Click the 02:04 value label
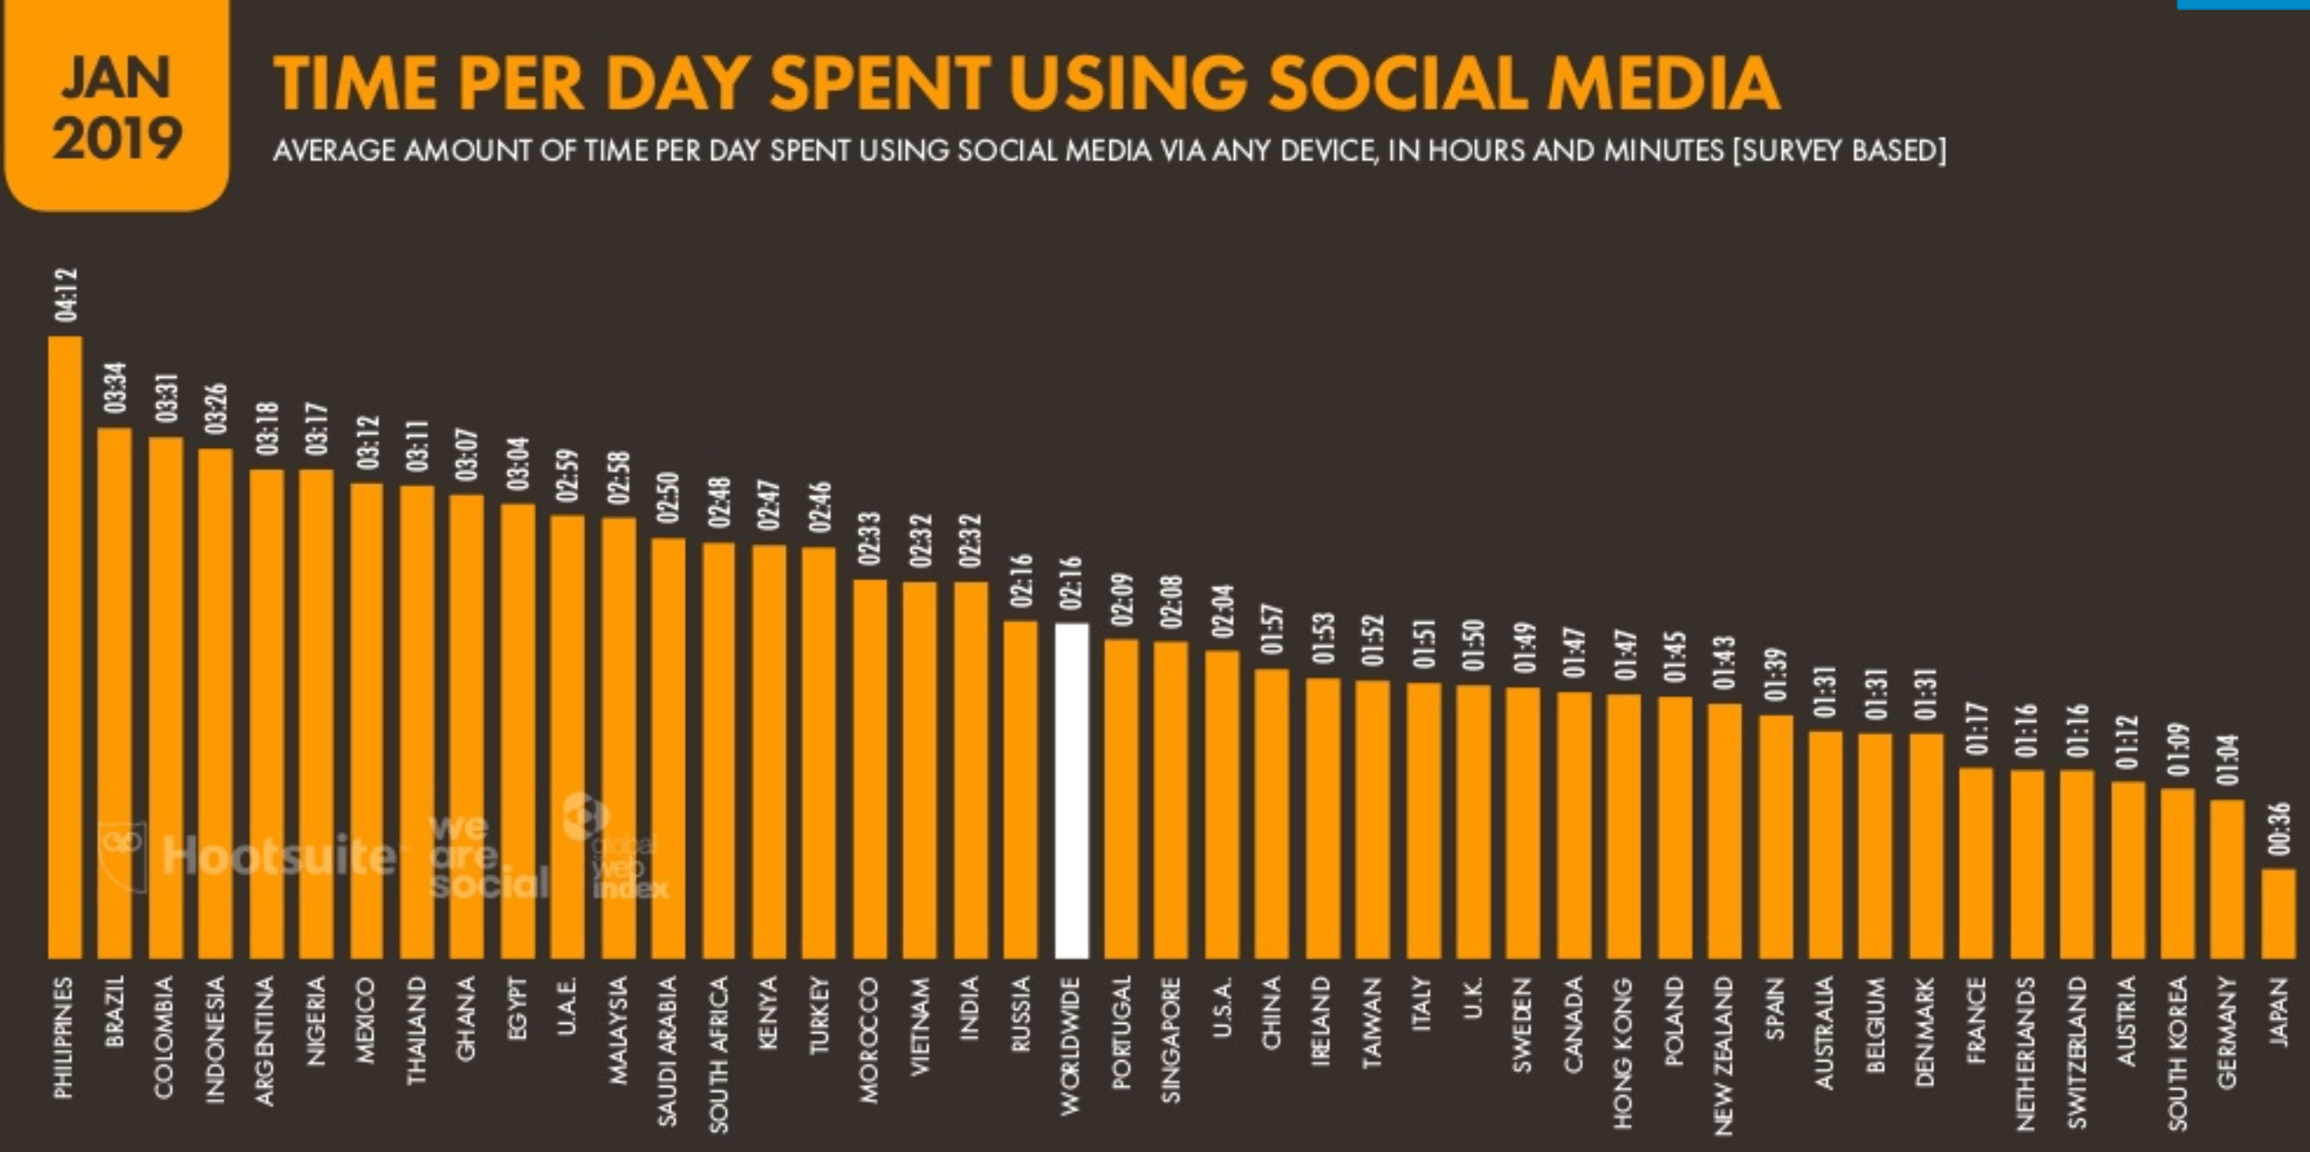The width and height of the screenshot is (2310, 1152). [1223, 612]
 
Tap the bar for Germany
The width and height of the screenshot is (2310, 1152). [2228, 879]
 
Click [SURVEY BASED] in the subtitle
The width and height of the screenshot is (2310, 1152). [1839, 151]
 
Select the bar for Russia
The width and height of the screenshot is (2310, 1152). [1020, 789]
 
